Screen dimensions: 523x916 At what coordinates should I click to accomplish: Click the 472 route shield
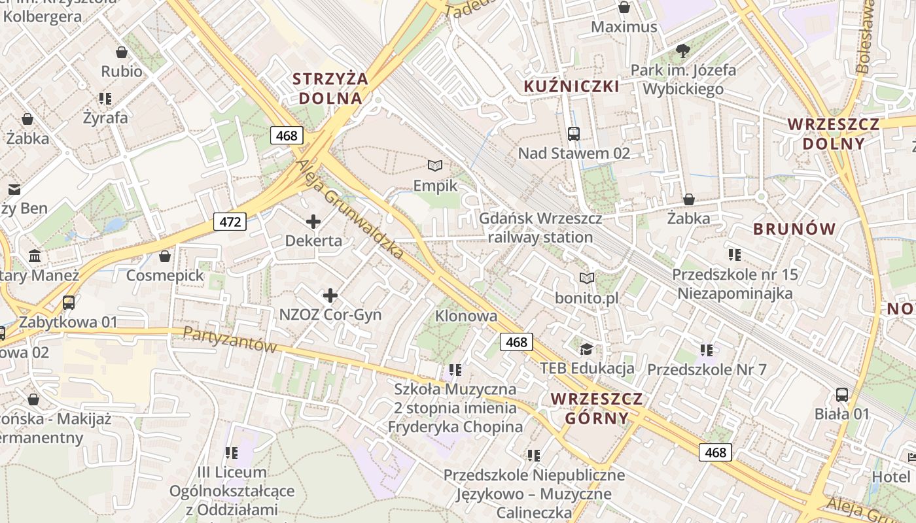click(x=230, y=222)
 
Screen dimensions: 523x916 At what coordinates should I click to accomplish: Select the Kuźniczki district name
click(x=572, y=86)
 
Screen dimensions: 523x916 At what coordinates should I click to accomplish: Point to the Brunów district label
click(x=794, y=229)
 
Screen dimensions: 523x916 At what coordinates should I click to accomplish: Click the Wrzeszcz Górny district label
click(x=597, y=409)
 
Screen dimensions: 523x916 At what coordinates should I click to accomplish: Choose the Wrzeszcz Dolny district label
click(x=834, y=133)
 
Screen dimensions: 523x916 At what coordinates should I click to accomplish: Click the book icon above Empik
click(x=435, y=166)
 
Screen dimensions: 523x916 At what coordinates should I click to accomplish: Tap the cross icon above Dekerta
click(x=313, y=222)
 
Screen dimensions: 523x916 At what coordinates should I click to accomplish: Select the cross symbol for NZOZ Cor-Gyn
click(x=330, y=295)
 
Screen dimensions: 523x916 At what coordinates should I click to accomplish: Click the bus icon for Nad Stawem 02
click(x=574, y=134)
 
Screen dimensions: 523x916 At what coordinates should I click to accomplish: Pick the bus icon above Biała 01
click(x=842, y=395)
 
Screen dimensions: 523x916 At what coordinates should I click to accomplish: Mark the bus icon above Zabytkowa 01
click(x=68, y=303)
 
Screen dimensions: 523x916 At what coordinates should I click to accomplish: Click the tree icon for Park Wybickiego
click(x=683, y=50)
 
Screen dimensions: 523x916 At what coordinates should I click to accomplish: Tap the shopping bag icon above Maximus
click(x=624, y=8)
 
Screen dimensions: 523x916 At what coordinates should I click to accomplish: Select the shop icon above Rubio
click(x=121, y=52)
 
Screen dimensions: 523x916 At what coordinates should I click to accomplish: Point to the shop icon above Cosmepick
click(x=165, y=256)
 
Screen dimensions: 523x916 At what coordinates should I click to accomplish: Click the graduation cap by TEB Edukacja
click(x=586, y=348)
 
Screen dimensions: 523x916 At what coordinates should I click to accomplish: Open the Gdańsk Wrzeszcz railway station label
click(x=540, y=228)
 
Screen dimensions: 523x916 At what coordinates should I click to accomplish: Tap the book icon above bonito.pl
click(x=587, y=278)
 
